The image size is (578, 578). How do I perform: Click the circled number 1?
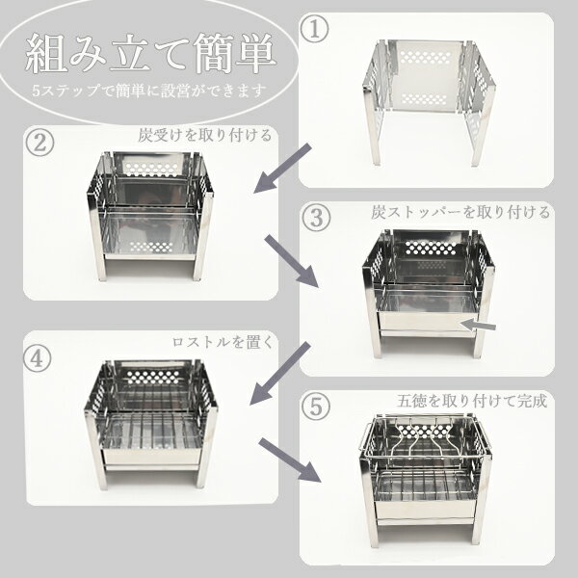coord(314,30)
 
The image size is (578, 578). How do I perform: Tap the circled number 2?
coord(39,143)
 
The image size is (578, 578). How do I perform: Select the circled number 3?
coord(316,218)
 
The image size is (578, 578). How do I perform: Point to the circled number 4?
coord(38,359)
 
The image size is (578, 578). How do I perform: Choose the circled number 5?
coord(316,407)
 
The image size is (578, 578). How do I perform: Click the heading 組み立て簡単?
coord(151,54)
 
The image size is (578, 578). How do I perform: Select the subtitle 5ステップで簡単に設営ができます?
coord(149,91)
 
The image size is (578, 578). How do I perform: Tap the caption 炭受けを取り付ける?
coord(205,135)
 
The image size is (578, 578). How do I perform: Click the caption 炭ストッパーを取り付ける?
coord(460,213)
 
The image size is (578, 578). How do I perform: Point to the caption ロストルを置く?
coord(223,342)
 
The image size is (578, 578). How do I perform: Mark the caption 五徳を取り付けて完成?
coord(472,401)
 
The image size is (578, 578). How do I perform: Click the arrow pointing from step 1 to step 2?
coord(282,169)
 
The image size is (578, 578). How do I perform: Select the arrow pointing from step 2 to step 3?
coord(292,261)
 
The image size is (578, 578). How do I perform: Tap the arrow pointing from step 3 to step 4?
coord(279,373)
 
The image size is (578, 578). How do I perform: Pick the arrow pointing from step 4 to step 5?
coord(291,460)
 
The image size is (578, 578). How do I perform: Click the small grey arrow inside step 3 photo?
coord(478,326)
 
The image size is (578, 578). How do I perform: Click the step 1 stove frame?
coord(429,102)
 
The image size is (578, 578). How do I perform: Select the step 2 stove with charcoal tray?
coord(150,215)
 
